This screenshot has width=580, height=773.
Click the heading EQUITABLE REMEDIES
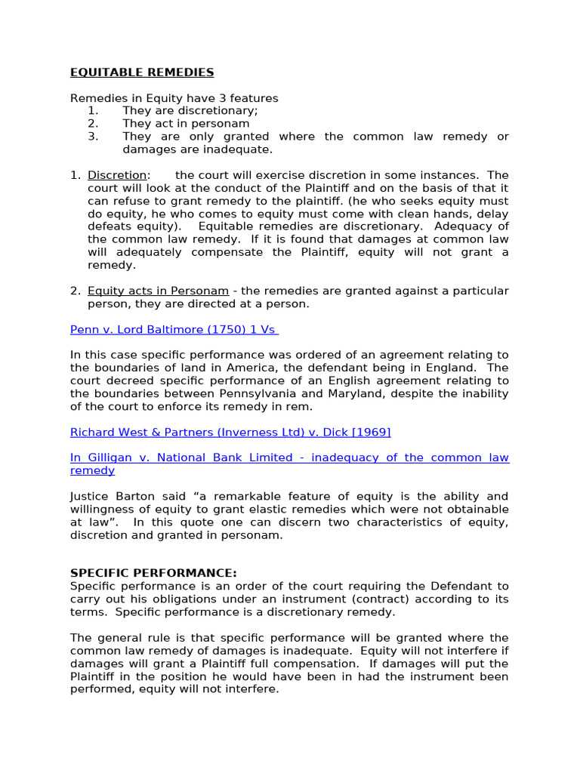(x=142, y=72)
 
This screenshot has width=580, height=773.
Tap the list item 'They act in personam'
(x=186, y=124)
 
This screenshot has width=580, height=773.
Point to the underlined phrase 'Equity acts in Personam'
(x=158, y=291)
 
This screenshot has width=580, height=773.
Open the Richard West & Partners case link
(x=230, y=432)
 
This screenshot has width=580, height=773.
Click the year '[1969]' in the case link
(x=371, y=432)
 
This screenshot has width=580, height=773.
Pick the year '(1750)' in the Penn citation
(x=211, y=329)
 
